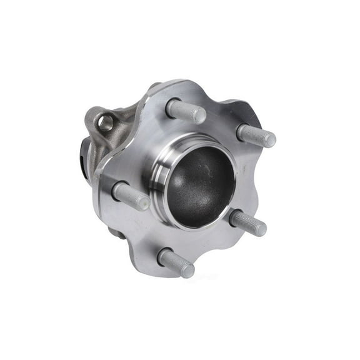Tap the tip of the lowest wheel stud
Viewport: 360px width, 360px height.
(187, 270)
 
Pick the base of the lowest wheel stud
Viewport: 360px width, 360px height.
(164, 256)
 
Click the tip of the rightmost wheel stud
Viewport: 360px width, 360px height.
(268, 139)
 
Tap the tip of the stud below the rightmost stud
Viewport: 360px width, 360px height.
(258, 228)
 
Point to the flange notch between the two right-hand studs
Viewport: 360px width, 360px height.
(259, 181)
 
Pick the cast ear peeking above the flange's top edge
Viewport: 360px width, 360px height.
(154, 86)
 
